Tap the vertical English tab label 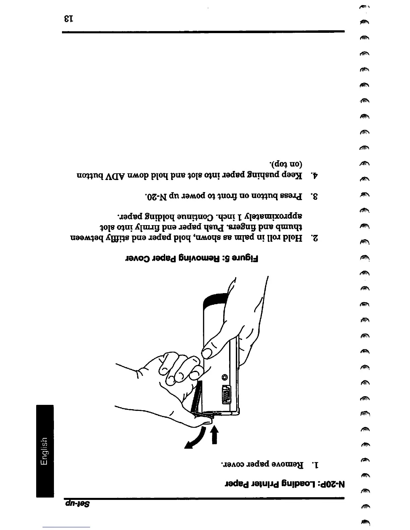click(45, 451)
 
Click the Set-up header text click(77, 503)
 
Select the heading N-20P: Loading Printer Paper click(284, 484)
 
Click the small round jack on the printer click(225, 377)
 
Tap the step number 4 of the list click(315, 175)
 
